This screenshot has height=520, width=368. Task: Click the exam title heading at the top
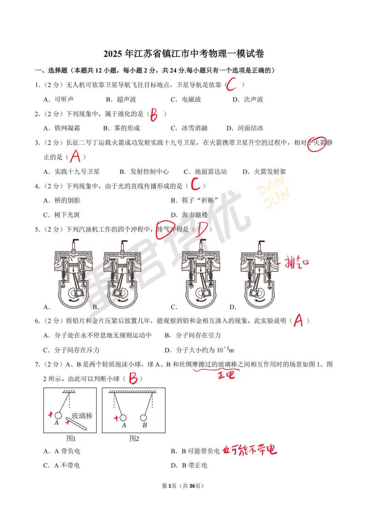click(x=184, y=54)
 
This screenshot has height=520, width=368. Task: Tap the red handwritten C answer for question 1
click(x=231, y=84)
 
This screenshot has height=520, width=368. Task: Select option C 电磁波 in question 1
click(x=186, y=99)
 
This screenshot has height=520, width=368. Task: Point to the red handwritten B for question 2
click(x=154, y=114)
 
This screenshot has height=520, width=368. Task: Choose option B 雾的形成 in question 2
click(x=122, y=128)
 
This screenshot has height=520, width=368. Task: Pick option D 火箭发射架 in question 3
click(x=264, y=172)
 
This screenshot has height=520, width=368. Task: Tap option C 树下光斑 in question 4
click(x=62, y=215)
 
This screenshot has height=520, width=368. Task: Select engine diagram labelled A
click(x=74, y=274)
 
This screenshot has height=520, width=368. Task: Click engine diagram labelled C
click(x=201, y=274)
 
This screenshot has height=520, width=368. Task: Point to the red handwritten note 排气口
click(x=297, y=263)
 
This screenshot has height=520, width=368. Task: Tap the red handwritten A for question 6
click(x=298, y=320)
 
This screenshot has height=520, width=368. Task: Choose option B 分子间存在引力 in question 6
click(x=193, y=335)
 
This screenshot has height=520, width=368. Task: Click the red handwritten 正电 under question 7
click(x=226, y=375)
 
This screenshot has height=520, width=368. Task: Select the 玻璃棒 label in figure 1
click(x=82, y=416)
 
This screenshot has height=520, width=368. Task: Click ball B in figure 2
click(x=143, y=418)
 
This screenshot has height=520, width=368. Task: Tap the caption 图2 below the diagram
click(x=134, y=439)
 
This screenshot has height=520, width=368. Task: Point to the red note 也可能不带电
click(x=249, y=450)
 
